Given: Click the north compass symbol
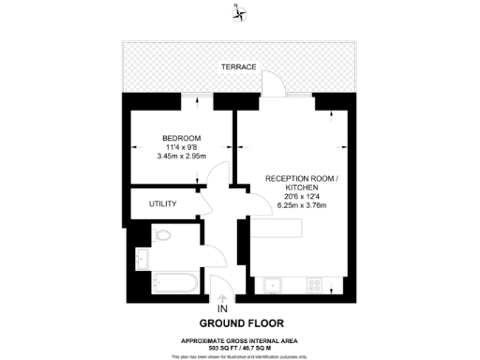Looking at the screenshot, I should [x=240, y=12].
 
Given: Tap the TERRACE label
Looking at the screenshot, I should [x=240, y=67].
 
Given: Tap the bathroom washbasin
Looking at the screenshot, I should [x=142, y=257].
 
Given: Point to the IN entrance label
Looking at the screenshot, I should [x=221, y=308].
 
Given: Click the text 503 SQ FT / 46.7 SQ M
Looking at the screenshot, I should [x=240, y=347].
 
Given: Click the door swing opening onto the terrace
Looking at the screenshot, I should [x=273, y=87].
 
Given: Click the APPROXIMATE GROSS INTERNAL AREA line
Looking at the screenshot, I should [x=240, y=339].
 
